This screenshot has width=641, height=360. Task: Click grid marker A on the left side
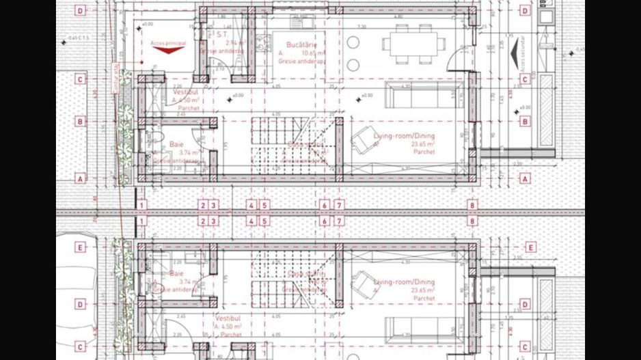click(81, 178)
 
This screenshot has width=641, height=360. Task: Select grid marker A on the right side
click(525, 178)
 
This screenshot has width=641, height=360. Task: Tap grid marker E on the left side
click(81, 247)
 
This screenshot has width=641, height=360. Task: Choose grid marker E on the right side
click(530, 247)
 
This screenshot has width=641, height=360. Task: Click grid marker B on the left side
click(81, 122)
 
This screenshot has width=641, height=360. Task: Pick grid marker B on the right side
click(525, 122)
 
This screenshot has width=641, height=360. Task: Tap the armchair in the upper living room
click(363, 141)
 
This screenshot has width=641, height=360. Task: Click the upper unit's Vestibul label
click(185, 92)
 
